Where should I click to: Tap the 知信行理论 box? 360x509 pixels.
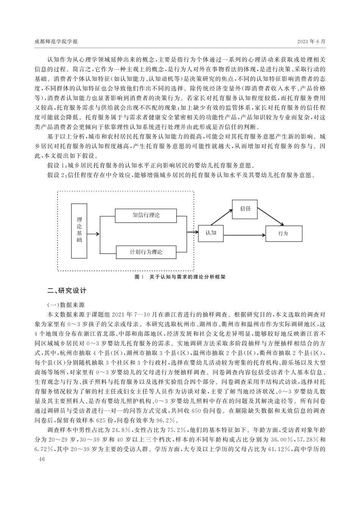pos(146,215)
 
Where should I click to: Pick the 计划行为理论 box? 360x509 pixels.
pos(146,252)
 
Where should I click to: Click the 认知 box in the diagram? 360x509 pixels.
pos(211,232)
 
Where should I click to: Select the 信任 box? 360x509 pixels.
pos(246,209)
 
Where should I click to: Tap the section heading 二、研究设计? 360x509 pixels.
pos(67,291)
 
